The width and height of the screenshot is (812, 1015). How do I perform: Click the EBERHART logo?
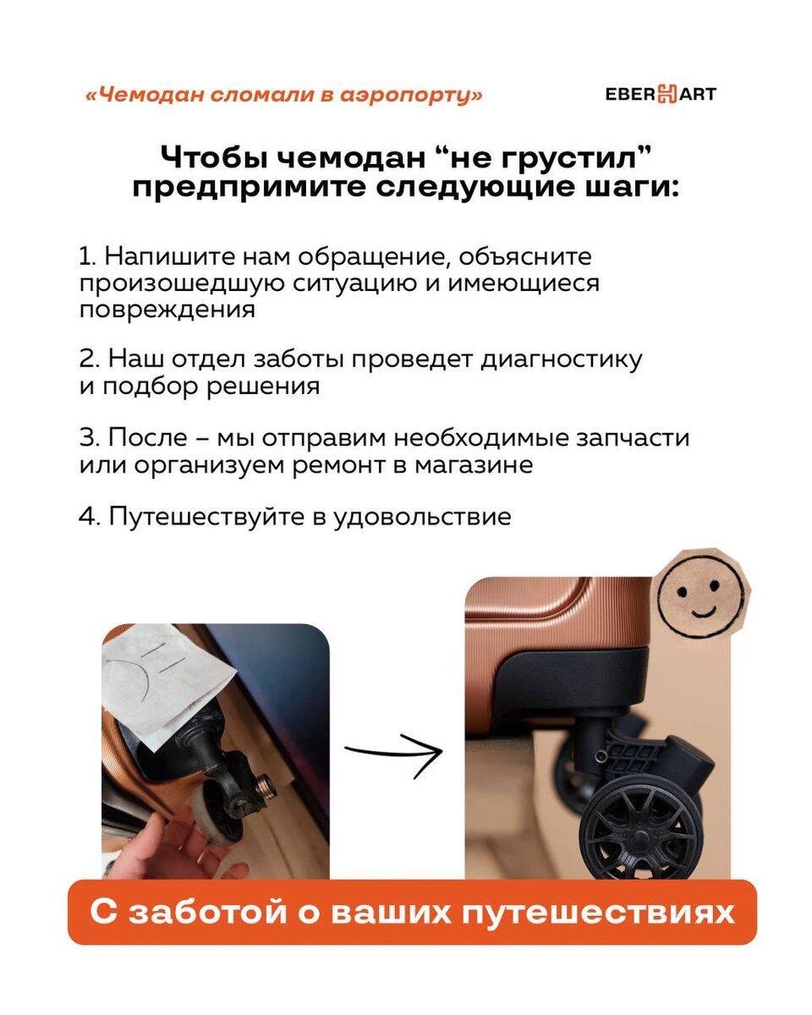pos(661,94)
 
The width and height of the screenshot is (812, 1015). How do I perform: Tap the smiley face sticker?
pos(700,595)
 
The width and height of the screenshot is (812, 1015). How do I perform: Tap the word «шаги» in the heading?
pos(632,188)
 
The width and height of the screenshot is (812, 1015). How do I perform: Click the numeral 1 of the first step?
pos(86,257)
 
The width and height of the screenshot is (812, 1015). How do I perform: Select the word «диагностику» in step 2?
pos(562,359)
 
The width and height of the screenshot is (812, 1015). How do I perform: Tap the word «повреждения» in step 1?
pos(167,310)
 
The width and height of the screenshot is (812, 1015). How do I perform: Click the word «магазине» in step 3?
pos(474,465)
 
